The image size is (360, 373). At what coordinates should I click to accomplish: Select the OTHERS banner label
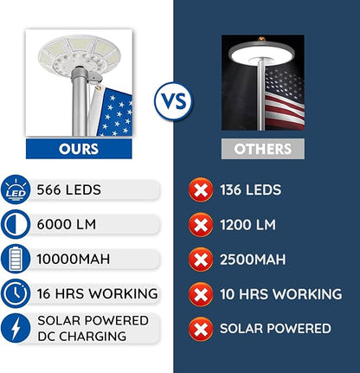click(262, 149)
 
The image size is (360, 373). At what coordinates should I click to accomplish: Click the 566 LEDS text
click(67, 190)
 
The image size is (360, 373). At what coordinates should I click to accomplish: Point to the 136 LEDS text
click(251, 190)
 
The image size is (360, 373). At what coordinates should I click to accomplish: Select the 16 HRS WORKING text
click(97, 293)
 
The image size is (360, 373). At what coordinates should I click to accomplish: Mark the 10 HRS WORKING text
click(280, 294)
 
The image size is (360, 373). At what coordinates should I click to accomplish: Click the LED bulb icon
click(15, 190)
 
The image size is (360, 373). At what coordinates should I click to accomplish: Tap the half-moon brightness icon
click(15, 224)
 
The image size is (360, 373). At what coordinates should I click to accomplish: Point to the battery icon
click(15, 259)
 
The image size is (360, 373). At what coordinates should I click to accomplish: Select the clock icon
click(15, 293)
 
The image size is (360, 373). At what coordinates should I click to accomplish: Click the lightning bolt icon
click(15, 328)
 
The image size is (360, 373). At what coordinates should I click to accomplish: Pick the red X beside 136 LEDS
click(201, 190)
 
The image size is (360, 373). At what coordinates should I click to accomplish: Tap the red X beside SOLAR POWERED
click(201, 328)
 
